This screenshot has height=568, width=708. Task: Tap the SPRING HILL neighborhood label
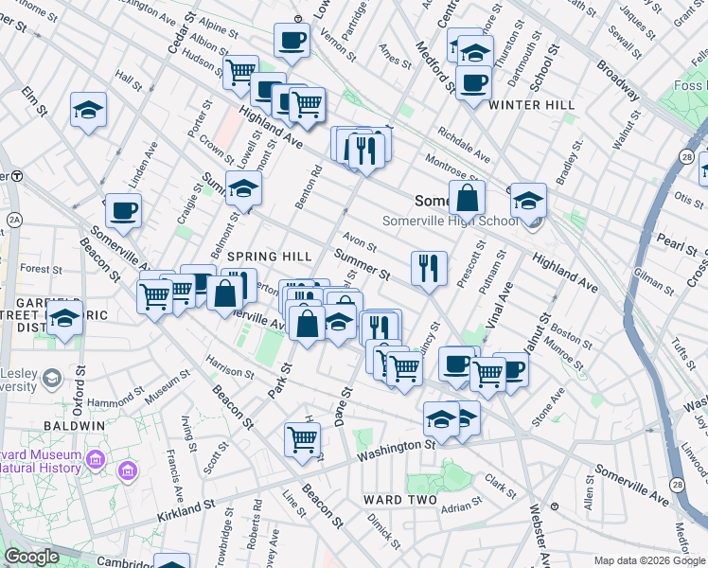point(270,257)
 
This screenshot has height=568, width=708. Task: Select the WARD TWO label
point(400,500)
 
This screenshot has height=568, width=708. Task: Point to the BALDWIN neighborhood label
point(79,426)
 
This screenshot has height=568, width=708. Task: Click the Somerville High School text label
point(451,221)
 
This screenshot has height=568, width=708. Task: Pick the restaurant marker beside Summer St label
point(429,269)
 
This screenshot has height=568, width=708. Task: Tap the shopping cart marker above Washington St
point(303,439)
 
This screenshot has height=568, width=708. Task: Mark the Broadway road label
point(617,82)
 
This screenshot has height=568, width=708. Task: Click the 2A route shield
point(13,221)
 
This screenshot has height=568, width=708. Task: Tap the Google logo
point(31,557)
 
